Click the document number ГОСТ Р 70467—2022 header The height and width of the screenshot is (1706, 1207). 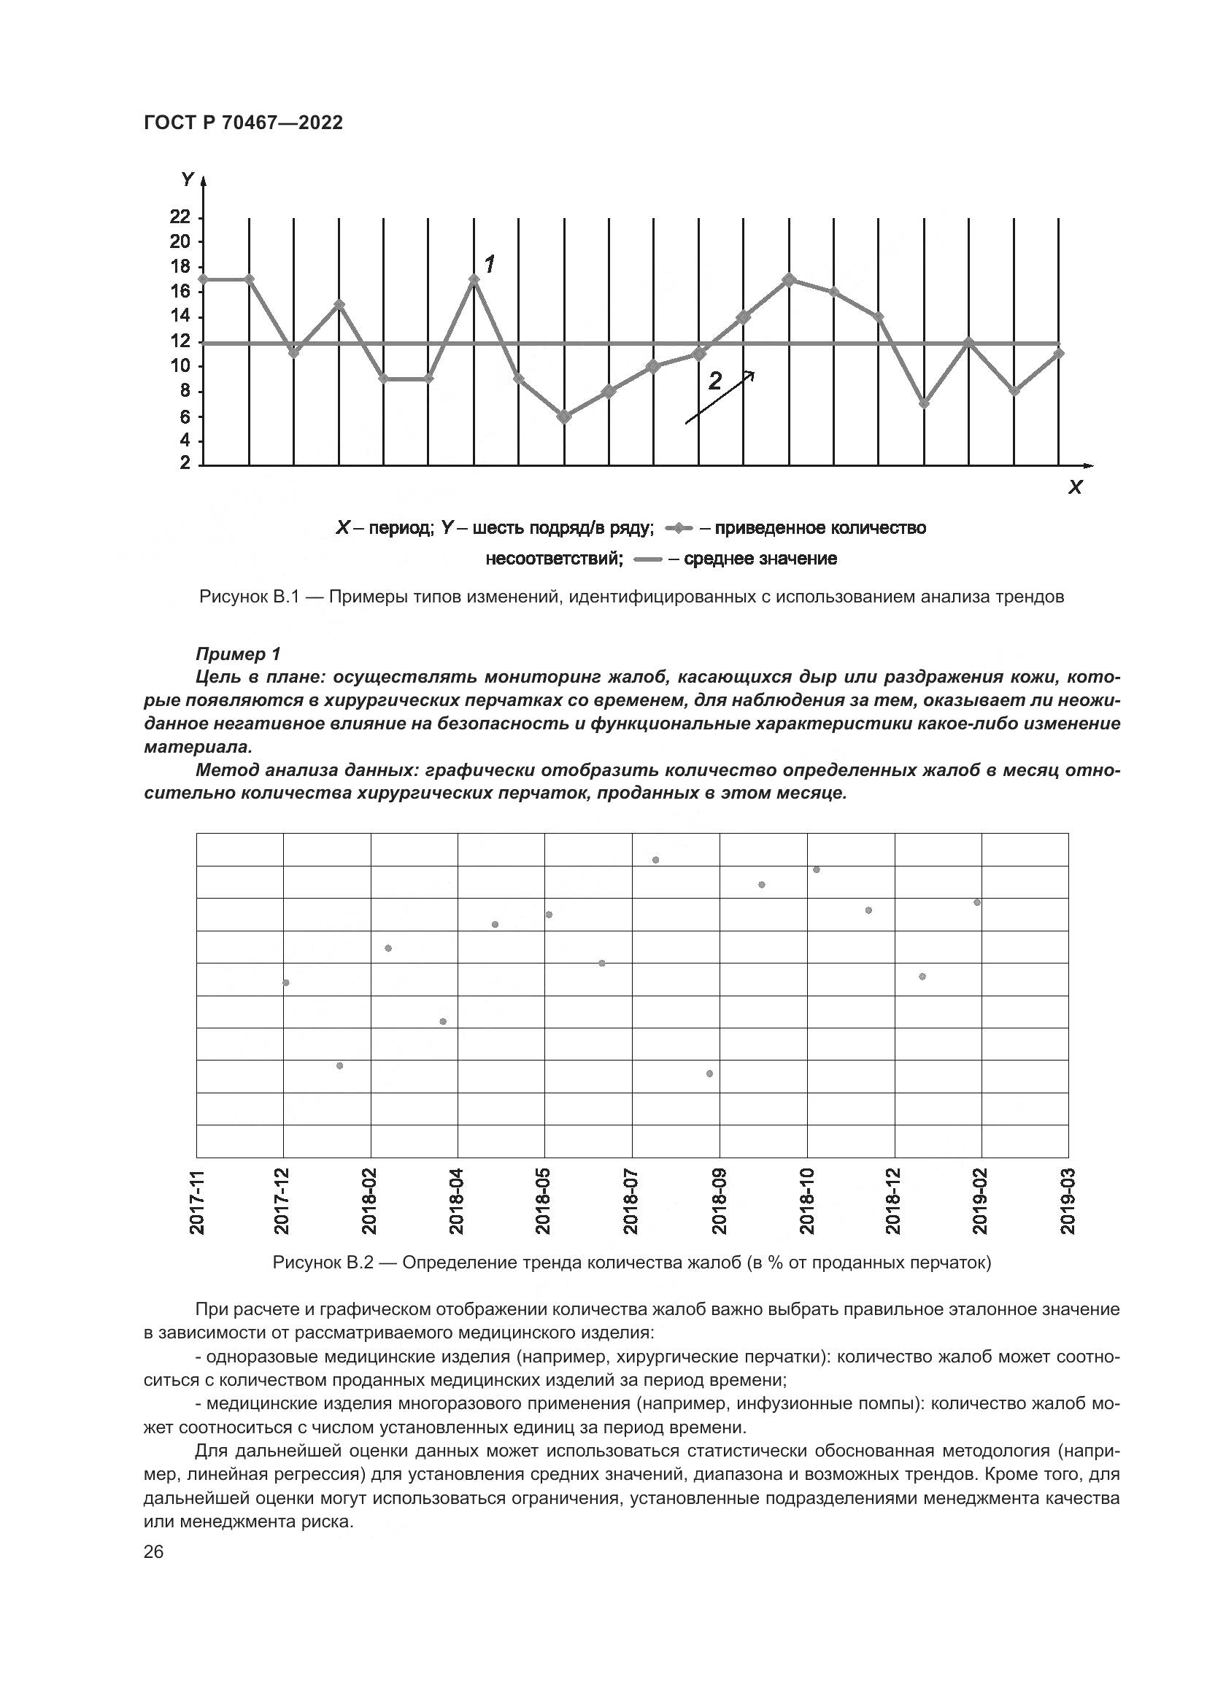pos(243,123)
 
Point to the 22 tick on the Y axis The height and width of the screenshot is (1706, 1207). pos(180,217)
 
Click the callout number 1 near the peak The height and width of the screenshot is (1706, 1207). pos(490,264)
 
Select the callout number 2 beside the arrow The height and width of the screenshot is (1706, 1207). pos(714,381)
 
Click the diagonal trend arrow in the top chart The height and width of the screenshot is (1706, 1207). pos(719,398)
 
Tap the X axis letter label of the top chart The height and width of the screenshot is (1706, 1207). pos(1075,488)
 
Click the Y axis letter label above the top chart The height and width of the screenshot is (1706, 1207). pos(188,180)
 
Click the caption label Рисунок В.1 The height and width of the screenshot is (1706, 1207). pos(248,597)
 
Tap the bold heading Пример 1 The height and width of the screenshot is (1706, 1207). pos(238,654)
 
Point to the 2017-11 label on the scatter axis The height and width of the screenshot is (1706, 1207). pos(197,1201)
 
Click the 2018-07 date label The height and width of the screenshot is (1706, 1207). pos(633,1201)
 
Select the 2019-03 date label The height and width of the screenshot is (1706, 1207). pos(1069,1201)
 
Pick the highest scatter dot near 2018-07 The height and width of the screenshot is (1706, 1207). pos(655,860)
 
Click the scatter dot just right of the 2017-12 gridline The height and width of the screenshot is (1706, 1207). pos(286,982)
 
